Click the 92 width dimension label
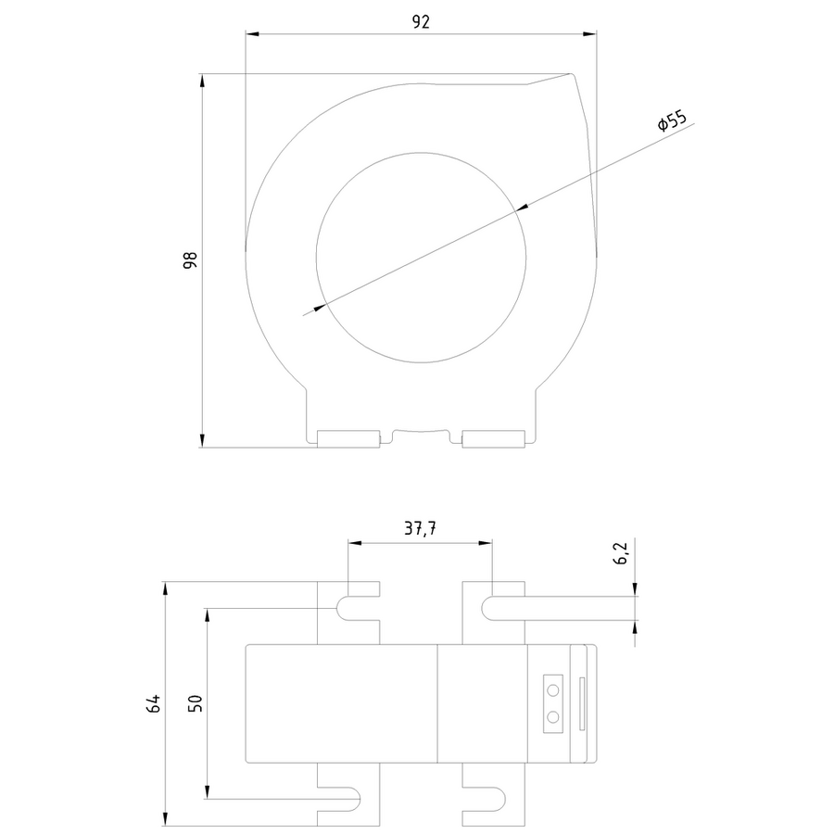click(421, 22)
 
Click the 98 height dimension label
click(190, 260)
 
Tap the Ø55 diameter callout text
click(673, 120)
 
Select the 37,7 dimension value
click(420, 528)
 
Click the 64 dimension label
click(153, 703)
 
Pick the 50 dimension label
click(196, 703)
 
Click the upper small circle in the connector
click(553, 690)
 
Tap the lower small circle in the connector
click(553, 717)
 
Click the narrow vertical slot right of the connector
click(582, 703)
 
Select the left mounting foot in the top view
click(348, 439)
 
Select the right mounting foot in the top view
click(493, 439)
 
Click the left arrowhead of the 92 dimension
click(252, 34)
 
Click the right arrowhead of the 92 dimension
click(590, 34)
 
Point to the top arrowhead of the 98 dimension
click(202, 81)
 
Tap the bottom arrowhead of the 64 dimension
click(165, 819)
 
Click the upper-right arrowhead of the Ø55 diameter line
click(522, 208)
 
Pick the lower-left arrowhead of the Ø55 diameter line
click(319, 307)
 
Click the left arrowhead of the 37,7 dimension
click(355, 543)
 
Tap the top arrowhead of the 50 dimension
click(208, 615)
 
